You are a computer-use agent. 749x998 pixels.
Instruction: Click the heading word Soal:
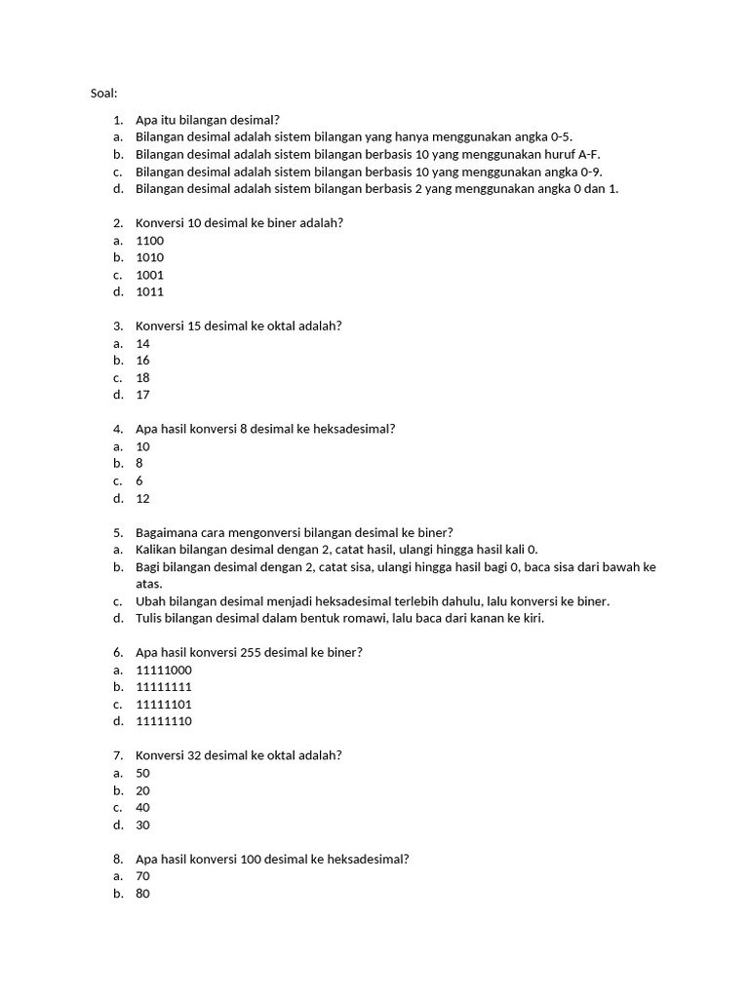[x=102, y=94]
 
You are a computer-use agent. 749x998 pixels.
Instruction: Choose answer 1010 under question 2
[x=150, y=257]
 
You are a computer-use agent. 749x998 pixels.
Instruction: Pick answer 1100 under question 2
[x=150, y=241]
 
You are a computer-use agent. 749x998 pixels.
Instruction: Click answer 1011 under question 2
[x=150, y=291]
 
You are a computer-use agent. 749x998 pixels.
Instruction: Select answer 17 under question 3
[x=143, y=395]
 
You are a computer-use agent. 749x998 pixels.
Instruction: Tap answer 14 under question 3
[x=143, y=343]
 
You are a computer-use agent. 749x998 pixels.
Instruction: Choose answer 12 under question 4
[x=143, y=498]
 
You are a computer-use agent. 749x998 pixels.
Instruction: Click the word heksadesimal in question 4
[x=356, y=429]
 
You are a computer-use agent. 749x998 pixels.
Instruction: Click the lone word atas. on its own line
[x=149, y=584]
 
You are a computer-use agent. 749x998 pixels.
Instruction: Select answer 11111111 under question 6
[x=164, y=687]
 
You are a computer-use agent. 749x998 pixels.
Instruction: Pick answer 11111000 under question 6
[x=164, y=670]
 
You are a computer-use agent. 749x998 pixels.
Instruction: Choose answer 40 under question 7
[x=143, y=807]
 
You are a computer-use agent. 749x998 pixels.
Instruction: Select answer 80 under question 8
[x=143, y=893]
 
